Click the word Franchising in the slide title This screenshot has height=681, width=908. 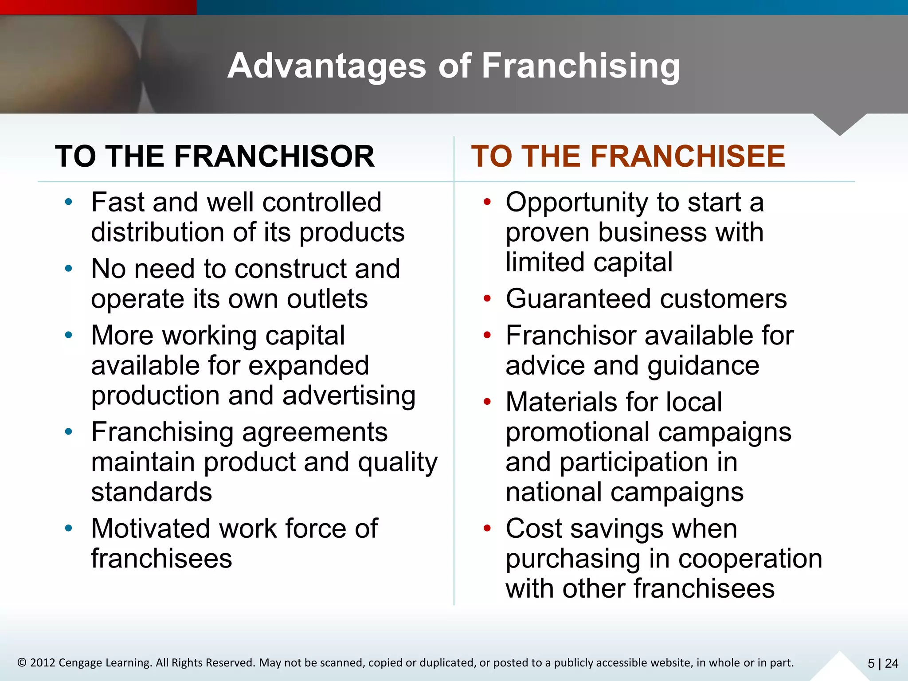[580, 66]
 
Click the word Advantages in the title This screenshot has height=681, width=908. [327, 66]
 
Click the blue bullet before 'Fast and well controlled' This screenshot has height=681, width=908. [68, 203]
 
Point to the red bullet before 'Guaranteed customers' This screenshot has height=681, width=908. [487, 299]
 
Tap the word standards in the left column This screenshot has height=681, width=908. [152, 492]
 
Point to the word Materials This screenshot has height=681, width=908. [562, 402]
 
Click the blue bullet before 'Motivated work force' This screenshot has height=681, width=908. [68, 528]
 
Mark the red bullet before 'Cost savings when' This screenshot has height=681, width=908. [487, 528]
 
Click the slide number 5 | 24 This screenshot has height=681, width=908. [882, 663]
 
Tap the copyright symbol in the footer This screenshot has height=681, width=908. [22, 663]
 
